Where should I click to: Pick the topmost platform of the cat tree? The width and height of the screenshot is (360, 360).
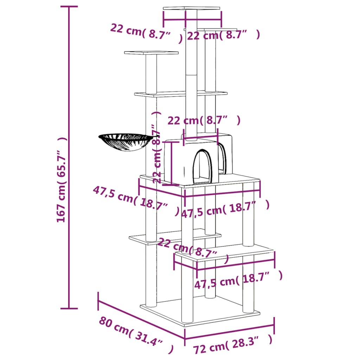pyautogui.click(x=191, y=8)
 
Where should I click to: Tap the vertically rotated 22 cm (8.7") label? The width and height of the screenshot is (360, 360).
pyautogui.click(x=157, y=148)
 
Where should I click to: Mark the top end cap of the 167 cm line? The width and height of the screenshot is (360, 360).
pyautogui.click(x=69, y=7)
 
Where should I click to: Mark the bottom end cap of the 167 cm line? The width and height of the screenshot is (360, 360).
pyautogui.click(x=69, y=309)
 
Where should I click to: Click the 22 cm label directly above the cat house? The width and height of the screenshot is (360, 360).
pyautogui.click(x=204, y=121)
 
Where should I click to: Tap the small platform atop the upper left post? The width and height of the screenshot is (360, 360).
pyautogui.click(x=151, y=53)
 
